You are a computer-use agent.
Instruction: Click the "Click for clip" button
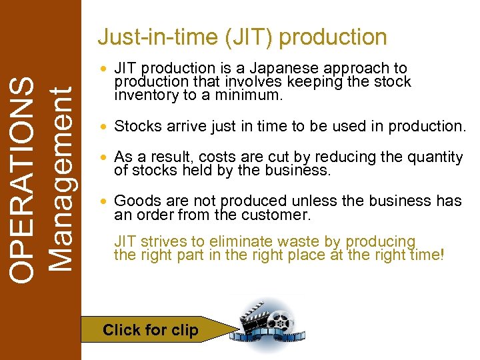point(150,330)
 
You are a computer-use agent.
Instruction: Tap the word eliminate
point(240,241)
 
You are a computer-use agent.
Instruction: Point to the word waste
point(299,241)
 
